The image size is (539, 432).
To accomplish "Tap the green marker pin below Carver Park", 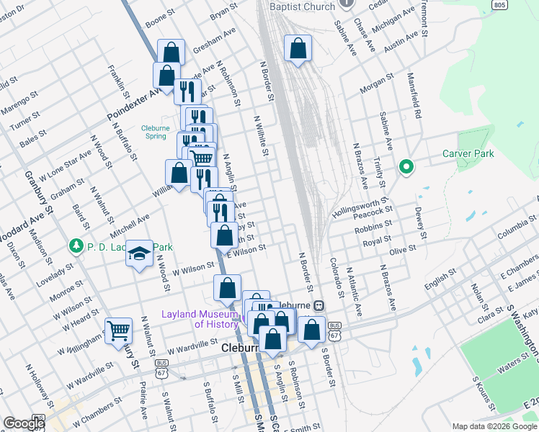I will (x=406, y=167).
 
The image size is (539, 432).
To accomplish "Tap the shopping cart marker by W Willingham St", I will (x=118, y=331).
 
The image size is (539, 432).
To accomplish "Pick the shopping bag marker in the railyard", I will (x=298, y=49).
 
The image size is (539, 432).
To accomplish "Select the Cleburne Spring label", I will (x=155, y=132).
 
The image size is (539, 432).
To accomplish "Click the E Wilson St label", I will (x=247, y=249).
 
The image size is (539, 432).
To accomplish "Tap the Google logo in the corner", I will (x=23, y=423).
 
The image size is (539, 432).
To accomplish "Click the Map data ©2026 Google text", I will (x=494, y=426).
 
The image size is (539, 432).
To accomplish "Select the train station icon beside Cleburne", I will (x=318, y=306).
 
